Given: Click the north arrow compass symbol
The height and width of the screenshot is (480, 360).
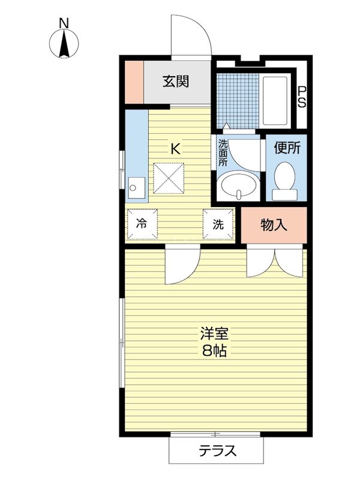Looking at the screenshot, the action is tap(64, 44).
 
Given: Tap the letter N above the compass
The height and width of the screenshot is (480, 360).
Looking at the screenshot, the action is tap(64, 23).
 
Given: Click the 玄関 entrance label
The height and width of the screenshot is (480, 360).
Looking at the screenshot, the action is tap(176, 82).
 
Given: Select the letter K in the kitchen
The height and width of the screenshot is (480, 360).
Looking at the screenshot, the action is tap(175, 149).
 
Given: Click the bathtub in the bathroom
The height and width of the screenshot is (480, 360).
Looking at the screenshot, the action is tap(275, 101).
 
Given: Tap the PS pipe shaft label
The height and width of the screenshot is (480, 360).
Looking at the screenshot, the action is tap(302, 97).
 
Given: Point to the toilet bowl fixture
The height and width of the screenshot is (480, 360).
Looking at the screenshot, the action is tap(284, 181).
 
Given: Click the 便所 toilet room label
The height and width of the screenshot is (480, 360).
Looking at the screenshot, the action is tap(287, 148).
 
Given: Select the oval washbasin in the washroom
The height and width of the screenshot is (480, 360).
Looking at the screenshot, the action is tap(238, 185).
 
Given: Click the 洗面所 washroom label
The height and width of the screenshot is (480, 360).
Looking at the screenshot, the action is tap(223, 153).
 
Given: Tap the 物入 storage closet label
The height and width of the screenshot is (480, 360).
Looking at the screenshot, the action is tap(274, 226).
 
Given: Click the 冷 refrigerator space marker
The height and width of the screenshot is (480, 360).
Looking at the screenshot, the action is tap(142, 224).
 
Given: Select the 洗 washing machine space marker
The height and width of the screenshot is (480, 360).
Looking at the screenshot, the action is tap(218, 224).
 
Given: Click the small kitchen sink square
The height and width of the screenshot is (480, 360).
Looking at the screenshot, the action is tap(136, 188).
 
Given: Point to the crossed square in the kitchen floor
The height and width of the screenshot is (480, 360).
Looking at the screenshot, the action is tap(169, 178).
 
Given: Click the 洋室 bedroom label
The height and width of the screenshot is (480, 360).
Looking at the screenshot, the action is tap(214, 334).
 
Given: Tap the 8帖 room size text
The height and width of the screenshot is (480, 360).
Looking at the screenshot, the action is tap(214, 351).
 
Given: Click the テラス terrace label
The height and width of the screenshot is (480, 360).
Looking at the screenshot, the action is tap(218, 451).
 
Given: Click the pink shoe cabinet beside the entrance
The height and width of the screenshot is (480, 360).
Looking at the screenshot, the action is tap(134, 82).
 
